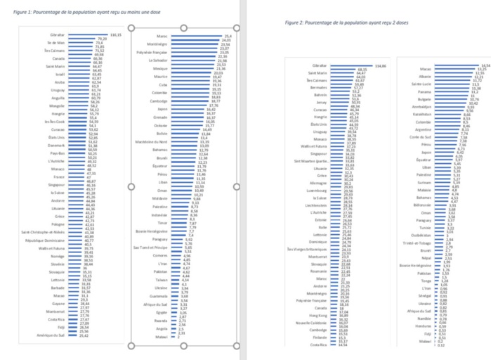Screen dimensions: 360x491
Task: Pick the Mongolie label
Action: coord(56,105)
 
